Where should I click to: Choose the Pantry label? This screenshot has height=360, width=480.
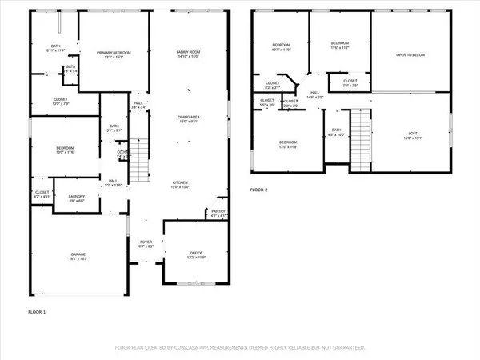click(218, 214)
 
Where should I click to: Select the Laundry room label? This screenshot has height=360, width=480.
click(77, 198)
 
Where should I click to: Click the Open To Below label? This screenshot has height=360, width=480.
click(411, 55)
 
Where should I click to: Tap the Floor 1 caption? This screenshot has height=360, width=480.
click(38, 311)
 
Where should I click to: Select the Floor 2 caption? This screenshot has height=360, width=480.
click(260, 190)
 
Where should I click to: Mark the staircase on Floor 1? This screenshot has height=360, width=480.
click(141, 165)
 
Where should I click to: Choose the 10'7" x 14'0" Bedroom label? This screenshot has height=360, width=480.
click(280, 46)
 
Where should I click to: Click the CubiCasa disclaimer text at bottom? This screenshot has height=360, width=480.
click(240, 348)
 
